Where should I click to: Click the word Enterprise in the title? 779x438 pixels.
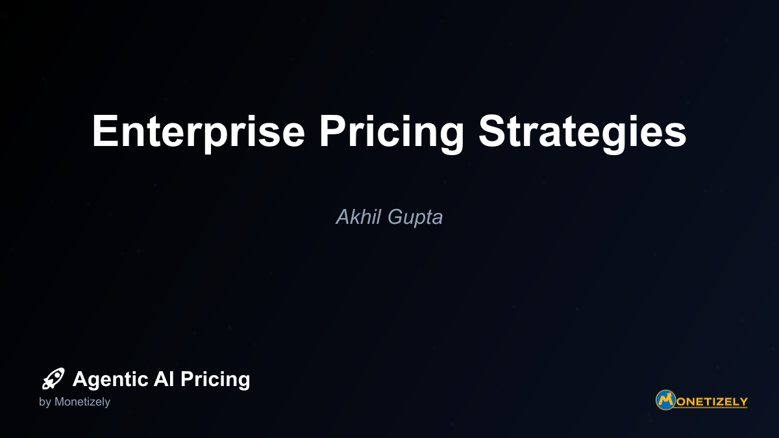(x=198, y=133)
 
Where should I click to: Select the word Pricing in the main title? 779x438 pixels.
(x=391, y=133)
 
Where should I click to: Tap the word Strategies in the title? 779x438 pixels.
(x=582, y=133)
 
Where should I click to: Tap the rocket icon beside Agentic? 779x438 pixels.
(x=53, y=378)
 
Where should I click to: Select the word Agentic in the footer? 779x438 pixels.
(x=111, y=380)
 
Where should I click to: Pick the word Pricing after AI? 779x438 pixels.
(x=216, y=380)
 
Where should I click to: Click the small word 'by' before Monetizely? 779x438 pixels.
(x=45, y=402)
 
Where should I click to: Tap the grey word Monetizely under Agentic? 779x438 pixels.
(x=82, y=402)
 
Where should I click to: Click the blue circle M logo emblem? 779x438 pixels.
(x=665, y=400)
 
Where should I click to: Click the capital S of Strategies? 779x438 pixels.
(x=492, y=130)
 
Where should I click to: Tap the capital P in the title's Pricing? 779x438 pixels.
(x=332, y=130)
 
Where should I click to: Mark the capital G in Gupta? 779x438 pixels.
(x=396, y=217)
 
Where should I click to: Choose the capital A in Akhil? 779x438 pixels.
(x=343, y=217)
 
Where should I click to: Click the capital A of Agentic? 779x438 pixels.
(x=80, y=378)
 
